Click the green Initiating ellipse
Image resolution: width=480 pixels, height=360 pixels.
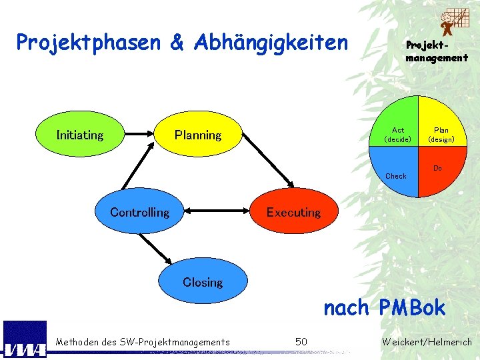coord(79,135)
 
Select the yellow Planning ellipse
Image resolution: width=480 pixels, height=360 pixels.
coord(197,135)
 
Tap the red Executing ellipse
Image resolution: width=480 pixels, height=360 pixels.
coord(293,212)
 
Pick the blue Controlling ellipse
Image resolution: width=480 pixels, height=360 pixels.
coord(139,212)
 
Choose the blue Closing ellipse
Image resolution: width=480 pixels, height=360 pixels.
coord(203,282)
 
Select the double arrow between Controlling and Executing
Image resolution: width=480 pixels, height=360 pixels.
coord(216,212)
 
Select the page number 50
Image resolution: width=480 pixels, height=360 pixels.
coord(301,342)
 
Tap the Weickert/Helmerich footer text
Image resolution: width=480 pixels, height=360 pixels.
coord(427,342)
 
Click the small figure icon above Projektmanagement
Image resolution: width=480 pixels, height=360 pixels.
coord(453,22)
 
